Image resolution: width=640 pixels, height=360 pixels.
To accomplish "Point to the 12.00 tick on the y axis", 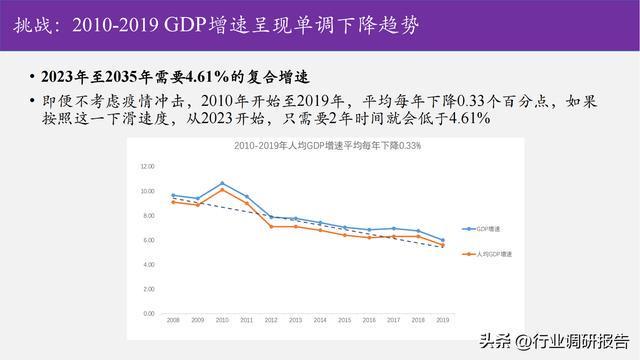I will point(148,166).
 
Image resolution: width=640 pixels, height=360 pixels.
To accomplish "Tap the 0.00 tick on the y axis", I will point(148,313).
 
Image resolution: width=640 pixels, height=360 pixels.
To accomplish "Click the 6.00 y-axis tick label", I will point(148,240).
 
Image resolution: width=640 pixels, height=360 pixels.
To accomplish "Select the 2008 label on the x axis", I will point(173,320).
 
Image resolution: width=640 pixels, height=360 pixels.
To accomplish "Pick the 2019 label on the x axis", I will point(442,320).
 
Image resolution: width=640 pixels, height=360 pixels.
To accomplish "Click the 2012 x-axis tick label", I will point(271,320).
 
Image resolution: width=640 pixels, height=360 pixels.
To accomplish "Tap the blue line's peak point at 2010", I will point(222,184).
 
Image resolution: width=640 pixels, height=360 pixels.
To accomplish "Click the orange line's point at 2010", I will point(222,190).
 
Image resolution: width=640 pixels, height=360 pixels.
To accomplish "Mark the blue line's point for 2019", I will point(442,240).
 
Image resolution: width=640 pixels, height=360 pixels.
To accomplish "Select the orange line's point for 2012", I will point(271,227).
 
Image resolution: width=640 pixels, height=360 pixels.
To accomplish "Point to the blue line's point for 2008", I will point(173,196).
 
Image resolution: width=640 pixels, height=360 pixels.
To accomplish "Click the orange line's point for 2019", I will point(442,245).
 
